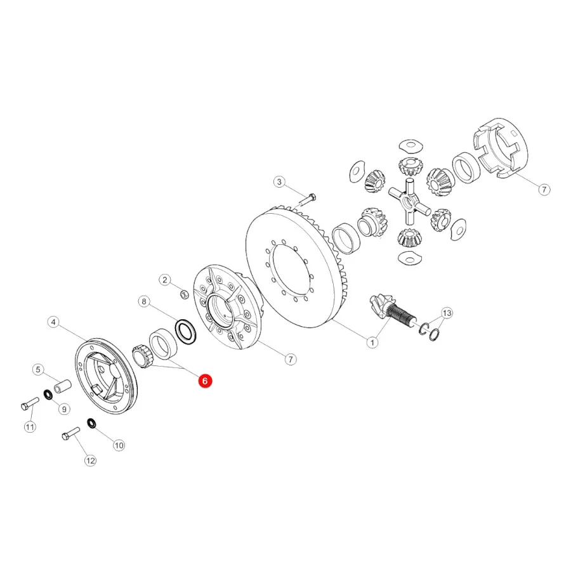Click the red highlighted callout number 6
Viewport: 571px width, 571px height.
click(205, 381)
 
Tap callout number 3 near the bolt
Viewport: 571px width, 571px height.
click(279, 181)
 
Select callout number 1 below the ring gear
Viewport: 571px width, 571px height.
click(372, 343)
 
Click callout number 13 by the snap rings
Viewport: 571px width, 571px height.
click(447, 313)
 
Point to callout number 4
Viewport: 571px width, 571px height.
click(53, 322)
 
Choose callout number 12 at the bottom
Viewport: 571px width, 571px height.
click(90, 461)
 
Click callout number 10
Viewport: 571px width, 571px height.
click(119, 445)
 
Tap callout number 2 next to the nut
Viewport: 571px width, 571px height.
click(165, 280)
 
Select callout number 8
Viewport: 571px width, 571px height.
click(144, 301)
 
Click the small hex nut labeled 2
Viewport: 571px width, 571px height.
click(185, 294)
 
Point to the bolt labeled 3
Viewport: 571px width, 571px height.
click(308, 200)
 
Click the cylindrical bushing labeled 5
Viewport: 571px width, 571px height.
click(63, 386)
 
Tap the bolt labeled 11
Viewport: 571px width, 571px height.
click(30, 404)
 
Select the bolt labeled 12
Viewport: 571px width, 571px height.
click(70, 433)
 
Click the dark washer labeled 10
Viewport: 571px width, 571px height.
click(92, 424)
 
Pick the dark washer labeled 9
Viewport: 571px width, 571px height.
click(48, 395)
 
